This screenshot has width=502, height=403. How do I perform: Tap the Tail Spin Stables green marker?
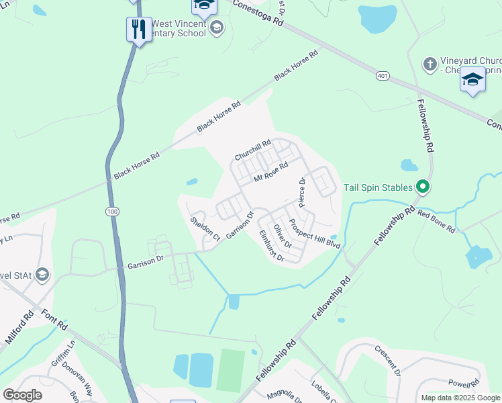[422, 187]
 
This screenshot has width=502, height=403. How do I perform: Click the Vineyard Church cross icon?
[430, 64]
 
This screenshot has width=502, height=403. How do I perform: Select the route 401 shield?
[383, 77]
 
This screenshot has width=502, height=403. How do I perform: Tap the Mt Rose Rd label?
[270, 171]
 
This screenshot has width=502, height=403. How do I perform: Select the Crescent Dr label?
[387, 362]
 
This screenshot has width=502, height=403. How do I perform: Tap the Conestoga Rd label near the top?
[258, 13]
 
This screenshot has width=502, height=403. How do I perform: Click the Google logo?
[23, 394]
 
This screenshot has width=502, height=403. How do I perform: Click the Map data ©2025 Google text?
[460, 398]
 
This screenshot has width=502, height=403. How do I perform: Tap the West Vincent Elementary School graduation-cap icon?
[216, 28]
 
